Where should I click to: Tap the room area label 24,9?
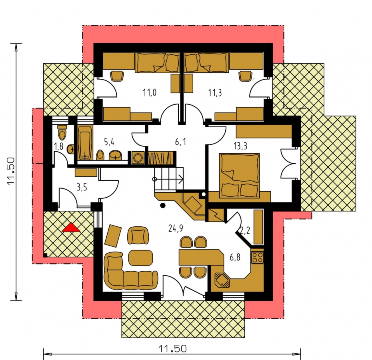click(176, 228)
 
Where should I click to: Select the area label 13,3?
click(240, 146)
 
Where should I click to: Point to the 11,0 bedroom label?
click(150, 92)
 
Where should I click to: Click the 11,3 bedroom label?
click(215, 92)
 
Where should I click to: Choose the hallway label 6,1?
click(180, 142)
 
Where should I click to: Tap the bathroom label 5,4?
click(109, 142)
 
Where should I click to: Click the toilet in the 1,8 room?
click(62, 132)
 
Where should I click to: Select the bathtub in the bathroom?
click(85, 143)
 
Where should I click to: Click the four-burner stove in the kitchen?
click(257, 258)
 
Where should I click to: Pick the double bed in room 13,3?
click(239, 176)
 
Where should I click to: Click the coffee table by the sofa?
click(140, 258)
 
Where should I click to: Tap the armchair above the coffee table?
click(138, 236)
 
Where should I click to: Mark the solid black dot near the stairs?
click(162, 206)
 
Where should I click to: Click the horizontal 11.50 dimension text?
click(172, 349)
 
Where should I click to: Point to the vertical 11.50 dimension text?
click(11, 172)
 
